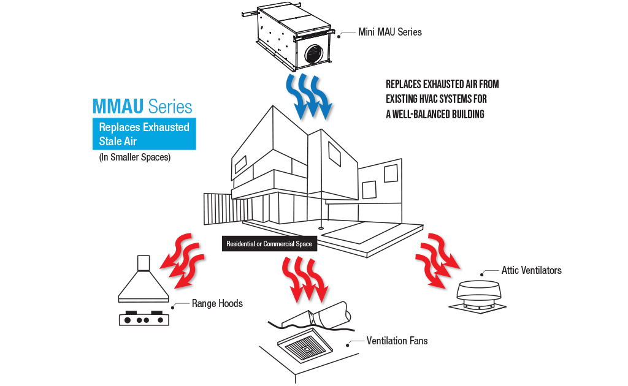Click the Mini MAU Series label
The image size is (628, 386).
[x=389, y=32]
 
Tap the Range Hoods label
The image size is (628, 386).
[x=217, y=303]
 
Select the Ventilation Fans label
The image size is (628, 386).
[x=397, y=341]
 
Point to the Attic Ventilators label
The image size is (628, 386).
[x=531, y=270]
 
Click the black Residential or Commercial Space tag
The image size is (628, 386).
[x=269, y=244]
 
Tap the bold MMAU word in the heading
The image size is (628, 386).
[x=119, y=107]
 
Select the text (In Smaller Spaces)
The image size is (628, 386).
[x=134, y=157]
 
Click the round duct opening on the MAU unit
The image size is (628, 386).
[x=313, y=50]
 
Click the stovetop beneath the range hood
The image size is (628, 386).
[x=143, y=319]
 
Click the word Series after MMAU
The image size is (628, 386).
[x=170, y=107]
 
